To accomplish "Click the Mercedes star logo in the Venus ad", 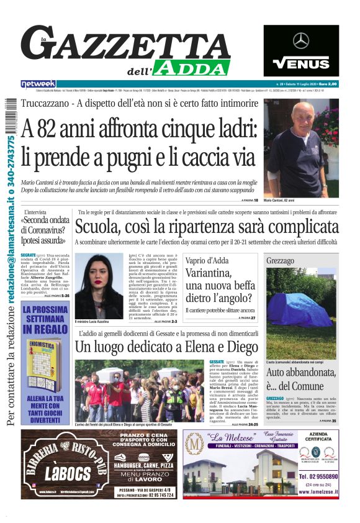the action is pos(301,41).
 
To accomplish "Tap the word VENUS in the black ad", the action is pos(301,63).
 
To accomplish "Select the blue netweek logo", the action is pos(38,84).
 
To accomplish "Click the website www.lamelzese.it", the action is pos(318,491).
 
